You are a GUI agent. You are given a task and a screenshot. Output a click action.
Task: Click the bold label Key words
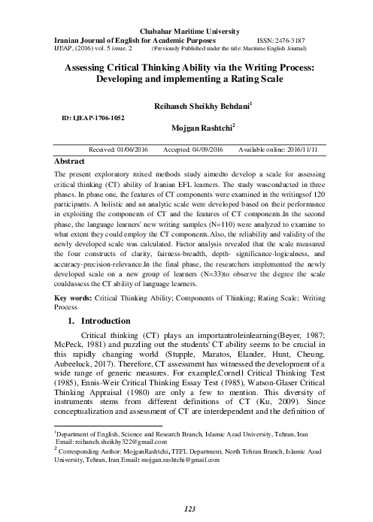(x=74, y=319)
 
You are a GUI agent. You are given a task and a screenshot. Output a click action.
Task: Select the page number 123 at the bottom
(x=190, y=509)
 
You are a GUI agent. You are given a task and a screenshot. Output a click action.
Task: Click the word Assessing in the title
(x=86, y=67)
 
